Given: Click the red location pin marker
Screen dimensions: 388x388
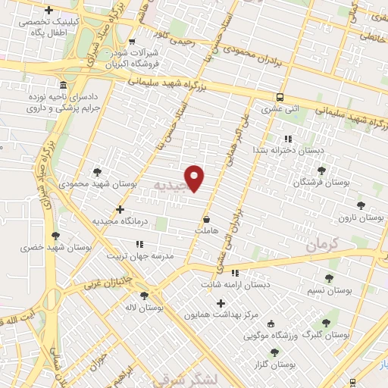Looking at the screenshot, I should [196, 177].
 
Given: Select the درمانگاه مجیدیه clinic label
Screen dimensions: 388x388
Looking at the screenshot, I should [118, 221].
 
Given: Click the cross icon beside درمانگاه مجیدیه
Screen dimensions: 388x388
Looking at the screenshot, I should [119, 208].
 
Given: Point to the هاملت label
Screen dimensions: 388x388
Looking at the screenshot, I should [206, 230].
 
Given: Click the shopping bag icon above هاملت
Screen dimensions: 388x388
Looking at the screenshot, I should [206, 219].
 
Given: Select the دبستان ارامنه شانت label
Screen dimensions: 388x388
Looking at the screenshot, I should [235, 285].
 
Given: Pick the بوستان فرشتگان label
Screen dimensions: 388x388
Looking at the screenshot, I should [324, 183].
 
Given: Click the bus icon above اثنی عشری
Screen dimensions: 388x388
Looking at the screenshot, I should [280, 98].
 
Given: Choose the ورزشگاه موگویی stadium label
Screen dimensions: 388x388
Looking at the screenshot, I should [271, 334].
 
